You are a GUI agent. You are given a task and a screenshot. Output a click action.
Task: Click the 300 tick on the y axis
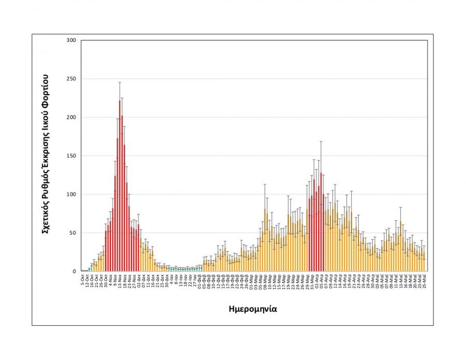pos(71,40)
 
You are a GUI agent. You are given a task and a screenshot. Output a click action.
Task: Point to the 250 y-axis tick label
pos(71,79)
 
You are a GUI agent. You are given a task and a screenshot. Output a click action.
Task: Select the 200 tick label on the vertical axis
pos(71,117)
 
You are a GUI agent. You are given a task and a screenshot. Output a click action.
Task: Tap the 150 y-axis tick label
pos(71,156)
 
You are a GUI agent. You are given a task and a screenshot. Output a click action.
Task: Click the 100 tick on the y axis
pos(71,194)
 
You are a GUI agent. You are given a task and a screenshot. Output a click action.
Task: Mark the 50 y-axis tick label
pos(72,233)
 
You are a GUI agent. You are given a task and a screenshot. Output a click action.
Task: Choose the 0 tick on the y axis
pos(74,271)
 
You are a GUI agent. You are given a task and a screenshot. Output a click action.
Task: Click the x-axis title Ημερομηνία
pos(253,309)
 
